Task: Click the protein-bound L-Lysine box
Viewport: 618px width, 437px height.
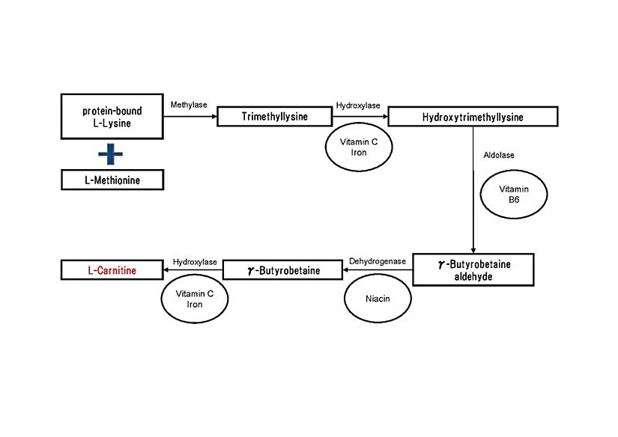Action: pos(112,116)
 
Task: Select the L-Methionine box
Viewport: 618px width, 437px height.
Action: pos(112,180)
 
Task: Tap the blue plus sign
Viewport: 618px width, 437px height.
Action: pos(112,154)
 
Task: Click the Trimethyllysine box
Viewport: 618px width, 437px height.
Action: pos(273,117)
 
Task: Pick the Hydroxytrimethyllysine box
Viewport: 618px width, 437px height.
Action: pos(473,117)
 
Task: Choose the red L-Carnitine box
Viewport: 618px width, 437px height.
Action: pos(112,270)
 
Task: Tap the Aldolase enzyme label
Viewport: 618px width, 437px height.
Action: pos(499,155)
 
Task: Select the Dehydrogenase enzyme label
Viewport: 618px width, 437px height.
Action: pos(378,261)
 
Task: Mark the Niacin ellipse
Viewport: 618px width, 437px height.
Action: pos(378,299)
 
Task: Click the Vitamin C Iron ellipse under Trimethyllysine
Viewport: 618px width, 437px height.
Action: pos(358,147)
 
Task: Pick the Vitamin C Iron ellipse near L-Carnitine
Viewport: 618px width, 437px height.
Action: pos(195,299)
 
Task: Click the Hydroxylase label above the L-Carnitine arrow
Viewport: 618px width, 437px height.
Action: pos(195,261)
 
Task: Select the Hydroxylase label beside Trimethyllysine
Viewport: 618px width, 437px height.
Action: pos(358,106)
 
